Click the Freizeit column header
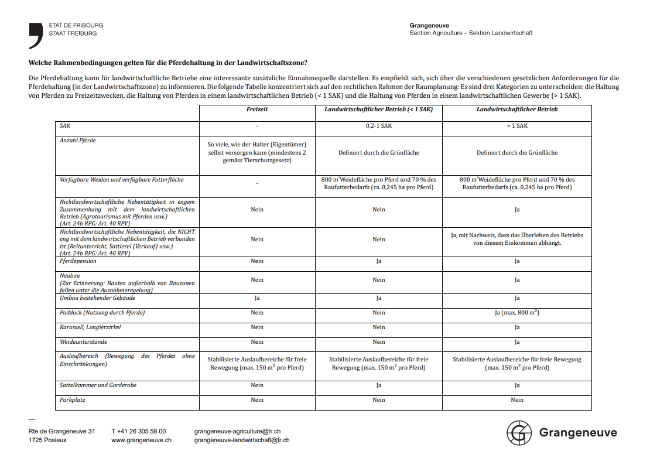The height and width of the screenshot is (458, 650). coord(257,110)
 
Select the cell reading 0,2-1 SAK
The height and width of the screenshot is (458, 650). coord(378,126)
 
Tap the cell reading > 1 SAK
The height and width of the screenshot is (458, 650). coord(517,126)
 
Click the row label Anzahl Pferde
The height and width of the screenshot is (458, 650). coord(78,141)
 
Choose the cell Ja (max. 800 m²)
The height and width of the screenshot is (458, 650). coord(517,313)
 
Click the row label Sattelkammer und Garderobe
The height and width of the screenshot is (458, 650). coord(98,385)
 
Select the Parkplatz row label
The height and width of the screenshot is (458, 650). coord(73,400)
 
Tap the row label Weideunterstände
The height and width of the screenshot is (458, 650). coord(84,342)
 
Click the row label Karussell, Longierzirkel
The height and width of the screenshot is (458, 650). coord(90,327)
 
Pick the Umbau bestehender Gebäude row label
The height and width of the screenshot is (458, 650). coord(97,298)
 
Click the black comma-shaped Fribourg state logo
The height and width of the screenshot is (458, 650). coord(36,35)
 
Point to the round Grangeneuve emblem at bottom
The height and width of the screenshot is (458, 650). coord(518,433)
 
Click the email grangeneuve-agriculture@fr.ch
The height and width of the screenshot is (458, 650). coord(237,431)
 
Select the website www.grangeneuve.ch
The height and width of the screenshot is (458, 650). coord(141,440)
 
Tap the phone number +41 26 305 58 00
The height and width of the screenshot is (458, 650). coord(138,431)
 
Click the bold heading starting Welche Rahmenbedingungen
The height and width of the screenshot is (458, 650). coord(168,63)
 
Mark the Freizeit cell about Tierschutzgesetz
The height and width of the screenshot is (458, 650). coord(257,152)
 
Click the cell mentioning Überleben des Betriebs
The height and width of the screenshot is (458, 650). coord(517,239)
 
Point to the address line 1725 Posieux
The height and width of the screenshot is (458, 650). coord(47,440)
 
